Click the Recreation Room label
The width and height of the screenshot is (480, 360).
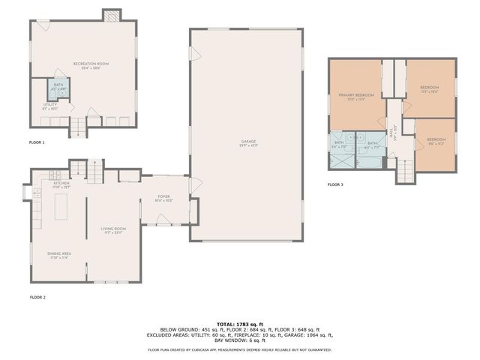(91, 64)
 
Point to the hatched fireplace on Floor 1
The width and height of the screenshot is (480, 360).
(111, 14)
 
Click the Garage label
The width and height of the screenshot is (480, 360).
(247, 142)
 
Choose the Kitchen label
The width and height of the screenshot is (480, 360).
(61, 184)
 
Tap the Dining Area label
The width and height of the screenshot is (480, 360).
(58, 256)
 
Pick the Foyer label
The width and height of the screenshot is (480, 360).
(163, 198)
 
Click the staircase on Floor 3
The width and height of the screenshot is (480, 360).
(404, 172)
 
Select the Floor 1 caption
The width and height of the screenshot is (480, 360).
(37, 142)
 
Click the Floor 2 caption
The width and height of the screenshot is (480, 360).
(37, 298)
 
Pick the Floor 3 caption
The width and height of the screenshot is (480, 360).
(335, 184)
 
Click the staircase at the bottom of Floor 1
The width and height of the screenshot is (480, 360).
(78, 127)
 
